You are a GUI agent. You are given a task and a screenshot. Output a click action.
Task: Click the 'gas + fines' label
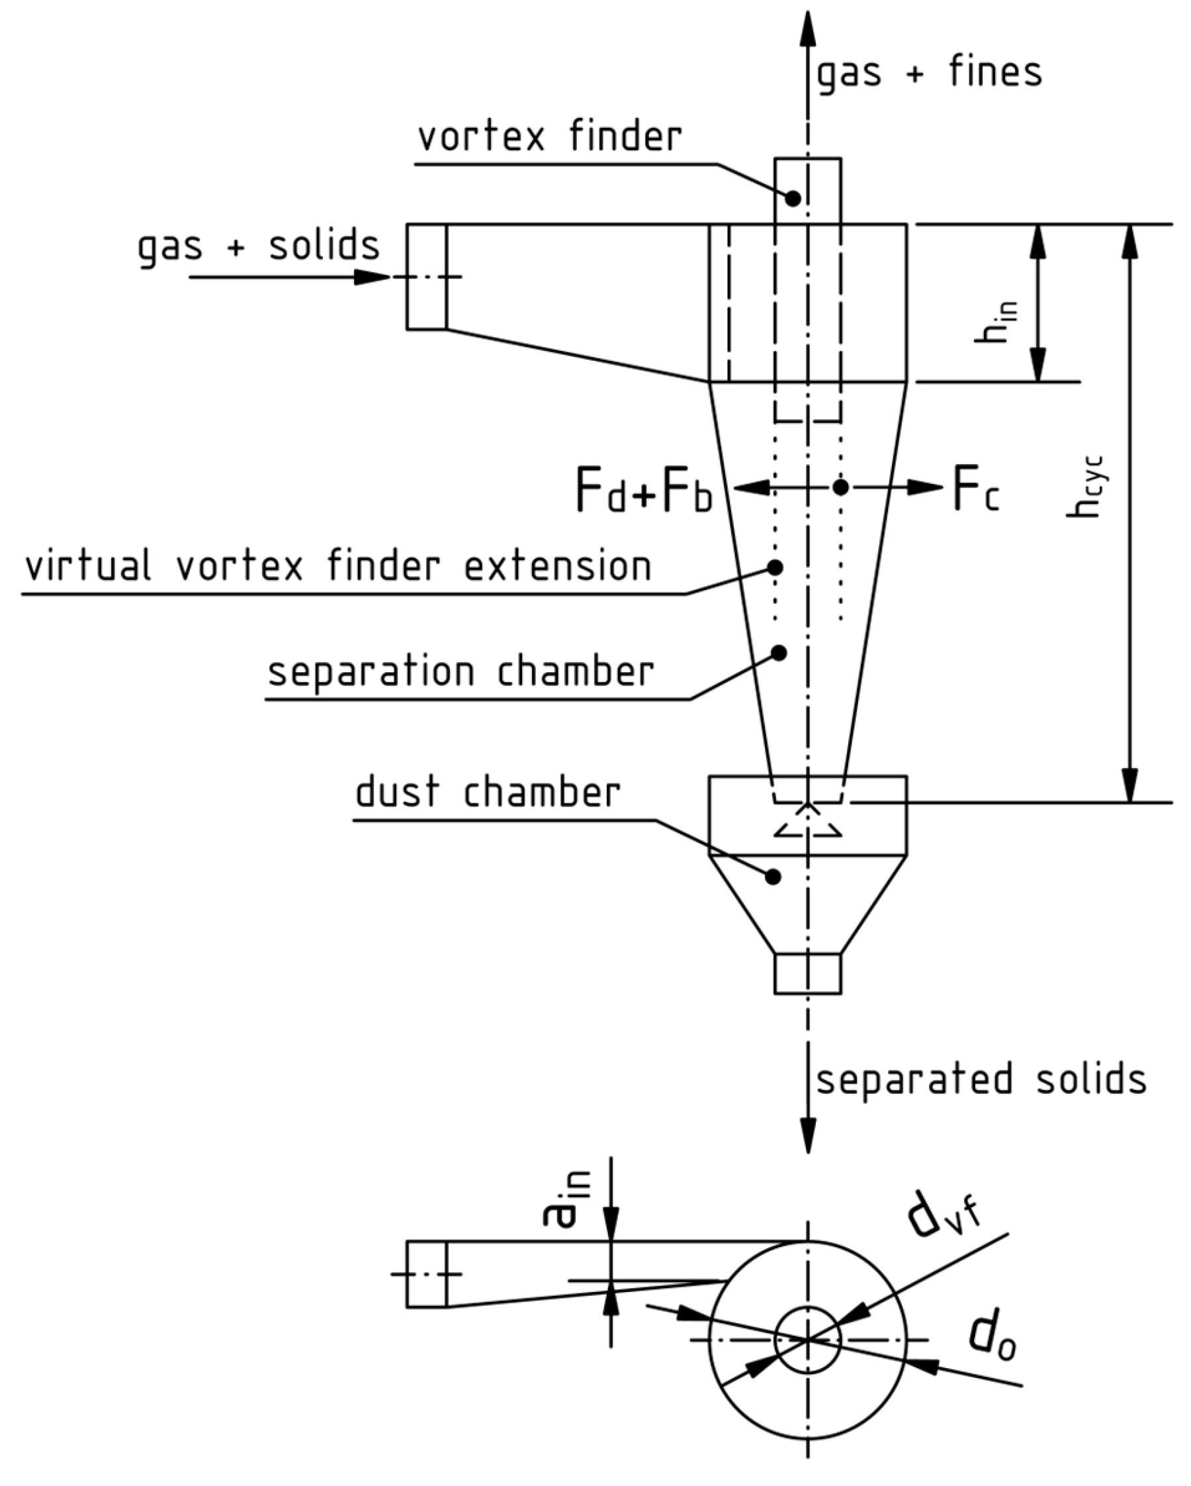point(928,72)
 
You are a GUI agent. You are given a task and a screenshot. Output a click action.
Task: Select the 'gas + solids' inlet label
point(258,246)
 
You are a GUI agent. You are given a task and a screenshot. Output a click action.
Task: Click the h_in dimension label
point(994,322)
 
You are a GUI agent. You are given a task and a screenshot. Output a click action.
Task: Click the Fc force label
point(975,489)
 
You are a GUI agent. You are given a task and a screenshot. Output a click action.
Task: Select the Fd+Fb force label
point(642,491)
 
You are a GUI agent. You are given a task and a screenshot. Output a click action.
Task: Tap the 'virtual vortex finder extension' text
point(337,566)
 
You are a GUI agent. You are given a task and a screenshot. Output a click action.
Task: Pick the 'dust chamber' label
point(487,792)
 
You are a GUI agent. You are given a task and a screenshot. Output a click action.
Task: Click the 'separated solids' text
point(981,1079)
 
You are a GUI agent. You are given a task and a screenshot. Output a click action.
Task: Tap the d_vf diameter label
point(942,1219)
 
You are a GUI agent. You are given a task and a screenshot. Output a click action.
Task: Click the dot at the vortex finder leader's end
point(793,199)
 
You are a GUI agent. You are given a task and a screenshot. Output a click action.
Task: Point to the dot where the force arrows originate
point(840,487)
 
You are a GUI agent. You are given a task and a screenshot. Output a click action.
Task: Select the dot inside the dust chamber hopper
point(773,877)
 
